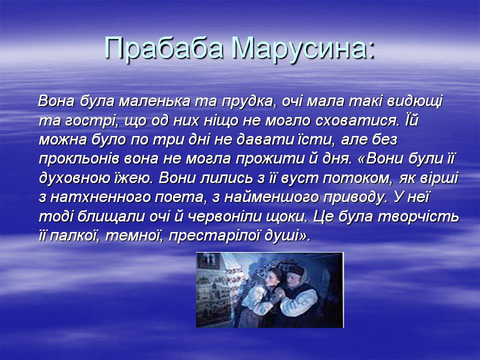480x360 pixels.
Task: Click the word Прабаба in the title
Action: tap(164, 48)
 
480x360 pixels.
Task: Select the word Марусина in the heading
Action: tap(303, 49)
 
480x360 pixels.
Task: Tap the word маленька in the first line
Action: tap(154, 101)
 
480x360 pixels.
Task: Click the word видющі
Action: tap(415, 102)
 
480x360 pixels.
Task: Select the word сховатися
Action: tap(357, 121)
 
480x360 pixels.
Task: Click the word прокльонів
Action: tap(79, 159)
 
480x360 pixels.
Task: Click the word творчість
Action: tap(418, 216)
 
